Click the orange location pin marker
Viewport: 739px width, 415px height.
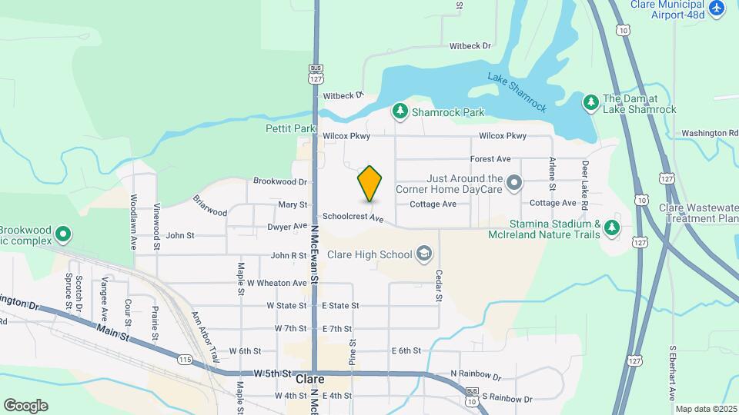370,183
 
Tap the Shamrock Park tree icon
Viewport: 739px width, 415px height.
400,112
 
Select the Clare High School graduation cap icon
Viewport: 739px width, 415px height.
423,254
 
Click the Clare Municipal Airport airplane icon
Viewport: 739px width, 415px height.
717,7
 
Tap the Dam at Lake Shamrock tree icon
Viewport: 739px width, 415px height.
590,102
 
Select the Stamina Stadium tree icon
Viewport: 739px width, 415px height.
611,227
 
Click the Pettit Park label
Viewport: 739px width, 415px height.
291,128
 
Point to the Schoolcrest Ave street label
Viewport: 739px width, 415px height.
353,218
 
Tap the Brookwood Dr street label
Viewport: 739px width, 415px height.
280,181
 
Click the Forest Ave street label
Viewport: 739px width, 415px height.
491,159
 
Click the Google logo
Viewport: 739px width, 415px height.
25,405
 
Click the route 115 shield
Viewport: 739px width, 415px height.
185,359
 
